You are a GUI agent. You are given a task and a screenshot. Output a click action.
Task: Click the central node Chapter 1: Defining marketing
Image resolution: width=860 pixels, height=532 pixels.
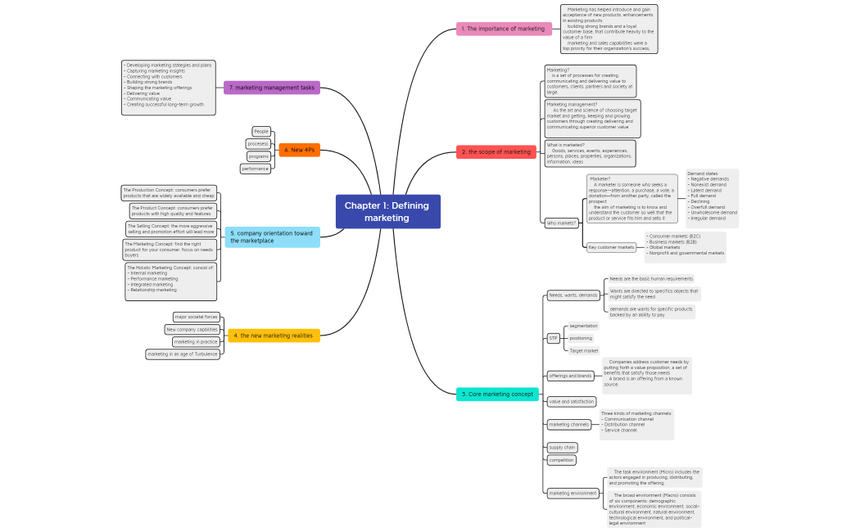click(387, 212)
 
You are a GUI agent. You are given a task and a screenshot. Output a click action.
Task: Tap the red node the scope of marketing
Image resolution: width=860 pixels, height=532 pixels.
click(496, 152)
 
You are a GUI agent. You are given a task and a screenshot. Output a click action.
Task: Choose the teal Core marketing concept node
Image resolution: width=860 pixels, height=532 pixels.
click(497, 394)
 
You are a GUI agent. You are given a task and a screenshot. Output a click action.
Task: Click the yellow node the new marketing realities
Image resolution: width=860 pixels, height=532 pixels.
click(274, 336)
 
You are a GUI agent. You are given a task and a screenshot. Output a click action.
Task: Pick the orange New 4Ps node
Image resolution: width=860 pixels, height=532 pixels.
click(299, 150)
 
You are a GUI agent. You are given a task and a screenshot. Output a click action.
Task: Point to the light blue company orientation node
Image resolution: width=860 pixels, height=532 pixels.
click(272, 237)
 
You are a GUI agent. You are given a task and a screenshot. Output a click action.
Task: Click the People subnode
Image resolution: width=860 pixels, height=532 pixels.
click(261, 131)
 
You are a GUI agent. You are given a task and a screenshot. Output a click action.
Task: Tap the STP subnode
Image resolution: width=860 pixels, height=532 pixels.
click(553, 338)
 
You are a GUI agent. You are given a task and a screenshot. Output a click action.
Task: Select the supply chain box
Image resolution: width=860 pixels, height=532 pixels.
click(562, 448)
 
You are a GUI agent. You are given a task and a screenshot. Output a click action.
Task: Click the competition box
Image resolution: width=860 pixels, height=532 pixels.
click(562, 460)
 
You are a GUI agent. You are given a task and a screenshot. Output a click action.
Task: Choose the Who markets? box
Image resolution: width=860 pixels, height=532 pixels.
click(561, 223)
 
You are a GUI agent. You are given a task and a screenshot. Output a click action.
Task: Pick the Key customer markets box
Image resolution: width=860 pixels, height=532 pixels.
click(612, 247)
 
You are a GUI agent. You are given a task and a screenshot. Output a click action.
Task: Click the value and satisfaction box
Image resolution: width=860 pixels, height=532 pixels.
click(571, 402)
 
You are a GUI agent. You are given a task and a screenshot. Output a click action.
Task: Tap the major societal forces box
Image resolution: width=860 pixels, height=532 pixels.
click(197, 317)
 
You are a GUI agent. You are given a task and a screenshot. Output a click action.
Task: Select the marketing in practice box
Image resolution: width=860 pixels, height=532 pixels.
click(196, 342)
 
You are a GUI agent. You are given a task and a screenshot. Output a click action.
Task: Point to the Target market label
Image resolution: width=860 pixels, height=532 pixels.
click(584, 350)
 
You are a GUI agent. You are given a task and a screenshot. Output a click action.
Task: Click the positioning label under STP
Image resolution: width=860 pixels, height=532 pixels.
click(581, 338)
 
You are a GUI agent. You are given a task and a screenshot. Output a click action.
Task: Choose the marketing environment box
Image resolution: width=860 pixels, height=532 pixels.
click(573, 494)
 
